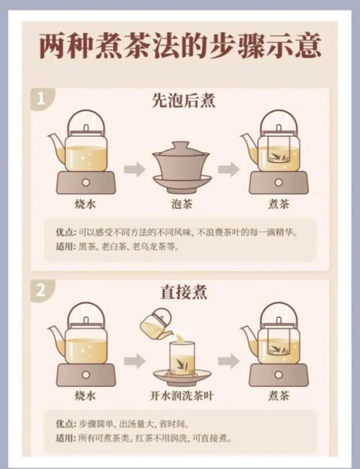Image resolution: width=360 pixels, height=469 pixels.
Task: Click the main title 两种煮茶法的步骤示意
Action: point(180,48)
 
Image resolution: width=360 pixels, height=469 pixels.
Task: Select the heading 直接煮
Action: point(181,292)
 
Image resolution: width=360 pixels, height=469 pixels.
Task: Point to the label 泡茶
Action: point(181,205)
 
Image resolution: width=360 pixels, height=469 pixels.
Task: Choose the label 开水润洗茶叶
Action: point(181,396)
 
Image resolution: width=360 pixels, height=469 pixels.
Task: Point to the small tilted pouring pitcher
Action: point(157,325)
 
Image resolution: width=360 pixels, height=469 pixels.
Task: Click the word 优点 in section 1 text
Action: point(65,232)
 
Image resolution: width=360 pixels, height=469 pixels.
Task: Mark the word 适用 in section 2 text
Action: point(65,437)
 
